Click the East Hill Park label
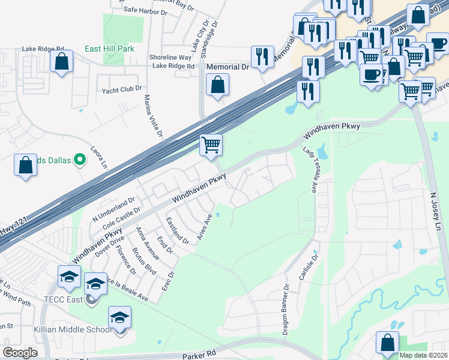coord(109,49)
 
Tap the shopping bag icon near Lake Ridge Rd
coord(61,61)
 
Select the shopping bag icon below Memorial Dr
coord(217,85)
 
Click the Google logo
coord(20,352)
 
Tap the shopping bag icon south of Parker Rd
coord(387,342)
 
